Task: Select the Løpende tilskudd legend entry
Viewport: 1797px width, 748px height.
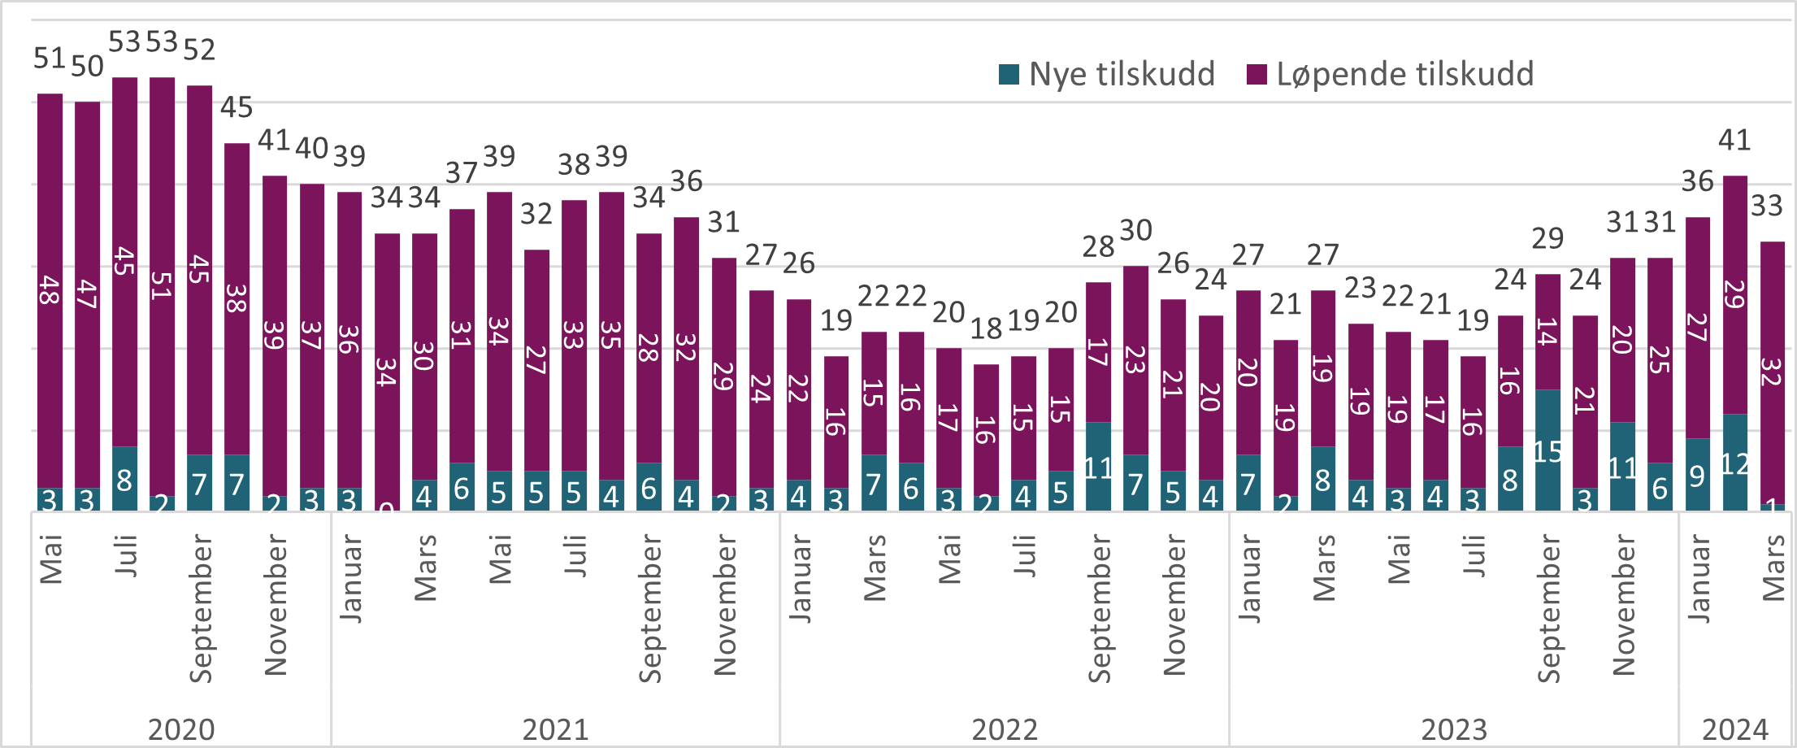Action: pyautogui.click(x=1391, y=74)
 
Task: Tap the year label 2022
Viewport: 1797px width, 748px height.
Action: pyautogui.click(x=1005, y=729)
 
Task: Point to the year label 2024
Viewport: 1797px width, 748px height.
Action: pyautogui.click(x=1735, y=729)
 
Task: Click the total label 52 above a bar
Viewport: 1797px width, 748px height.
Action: pyautogui.click(x=199, y=50)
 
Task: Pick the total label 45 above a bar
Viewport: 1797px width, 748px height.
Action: pyautogui.click(x=237, y=107)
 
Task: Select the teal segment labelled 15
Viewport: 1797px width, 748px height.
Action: pyautogui.click(x=1547, y=450)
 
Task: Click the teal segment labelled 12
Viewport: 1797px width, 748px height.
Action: pyautogui.click(x=1735, y=463)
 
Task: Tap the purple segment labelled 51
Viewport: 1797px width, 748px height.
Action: pyautogui.click(x=162, y=285)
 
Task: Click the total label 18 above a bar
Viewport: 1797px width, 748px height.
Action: pyautogui.click(x=986, y=328)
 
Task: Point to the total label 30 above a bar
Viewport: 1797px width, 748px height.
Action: pyautogui.click(x=1135, y=231)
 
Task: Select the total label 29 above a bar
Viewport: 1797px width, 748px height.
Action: pyautogui.click(x=1547, y=239)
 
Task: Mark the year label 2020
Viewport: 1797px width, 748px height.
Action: pyautogui.click(x=181, y=729)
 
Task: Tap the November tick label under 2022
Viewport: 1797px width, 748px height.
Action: pyautogui.click(x=1174, y=605)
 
